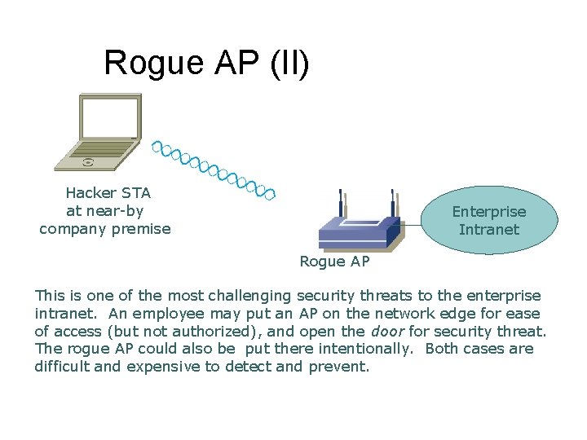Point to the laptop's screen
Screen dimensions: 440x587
[109, 117]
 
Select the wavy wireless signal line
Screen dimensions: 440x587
[214, 170]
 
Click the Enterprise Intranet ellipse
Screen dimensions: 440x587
[489, 220]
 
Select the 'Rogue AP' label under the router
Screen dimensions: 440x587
[334, 262]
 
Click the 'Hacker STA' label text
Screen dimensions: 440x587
[108, 193]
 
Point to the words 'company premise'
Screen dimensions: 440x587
[105, 229]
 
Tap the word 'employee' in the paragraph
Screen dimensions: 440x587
[157, 313]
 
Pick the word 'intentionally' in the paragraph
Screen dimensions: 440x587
[362, 349]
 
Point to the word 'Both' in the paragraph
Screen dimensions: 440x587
[444, 349]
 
